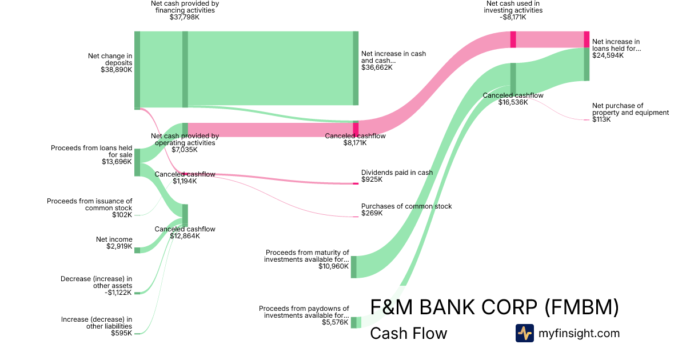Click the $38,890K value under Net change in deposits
[117, 70]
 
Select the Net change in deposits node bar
[137, 70]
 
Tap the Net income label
[114, 239]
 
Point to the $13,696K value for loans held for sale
[117, 162]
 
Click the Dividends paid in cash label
[397, 173]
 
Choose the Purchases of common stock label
[406, 206]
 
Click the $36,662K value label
[377, 67]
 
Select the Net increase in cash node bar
[356, 69]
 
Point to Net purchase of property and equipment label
[630, 109]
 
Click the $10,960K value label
[333, 266]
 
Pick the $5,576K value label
[335, 322]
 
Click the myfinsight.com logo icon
[524, 333]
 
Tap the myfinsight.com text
[579, 333]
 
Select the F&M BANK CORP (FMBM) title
[494, 307]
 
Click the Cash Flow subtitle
[408, 334]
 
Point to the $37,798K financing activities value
[185, 17]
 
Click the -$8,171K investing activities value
[513, 17]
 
